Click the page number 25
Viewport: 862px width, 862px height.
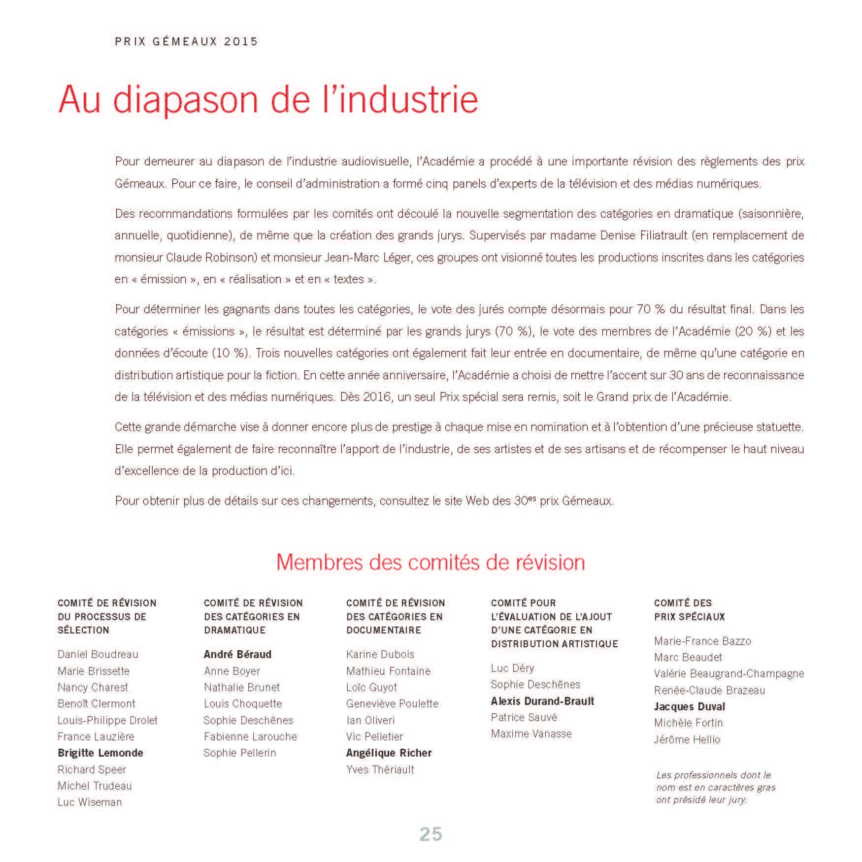tap(431, 834)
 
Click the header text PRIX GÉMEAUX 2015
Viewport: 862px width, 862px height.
tap(186, 41)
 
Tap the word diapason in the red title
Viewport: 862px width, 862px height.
tap(186, 100)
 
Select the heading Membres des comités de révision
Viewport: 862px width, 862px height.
tap(431, 562)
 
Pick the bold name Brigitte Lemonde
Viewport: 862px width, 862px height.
tap(100, 753)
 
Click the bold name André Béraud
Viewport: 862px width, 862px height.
tap(237, 654)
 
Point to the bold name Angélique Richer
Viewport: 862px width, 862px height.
tap(389, 753)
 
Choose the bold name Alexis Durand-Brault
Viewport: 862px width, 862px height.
tap(542, 701)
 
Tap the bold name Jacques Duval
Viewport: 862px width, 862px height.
tap(689, 706)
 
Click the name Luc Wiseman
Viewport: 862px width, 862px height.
tap(90, 802)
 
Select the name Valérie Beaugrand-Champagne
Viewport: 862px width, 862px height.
tap(729, 673)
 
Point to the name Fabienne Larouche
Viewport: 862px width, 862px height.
tap(250, 736)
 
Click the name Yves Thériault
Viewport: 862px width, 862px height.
tap(380, 769)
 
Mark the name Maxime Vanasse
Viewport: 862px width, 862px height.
tap(531, 733)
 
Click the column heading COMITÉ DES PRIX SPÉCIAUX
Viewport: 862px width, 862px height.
tap(689, 610)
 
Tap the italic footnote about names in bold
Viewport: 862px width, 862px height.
tap(715, 787)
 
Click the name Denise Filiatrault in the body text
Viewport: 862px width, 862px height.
tap(643, 235)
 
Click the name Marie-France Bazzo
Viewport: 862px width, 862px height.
tap(702, 641)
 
